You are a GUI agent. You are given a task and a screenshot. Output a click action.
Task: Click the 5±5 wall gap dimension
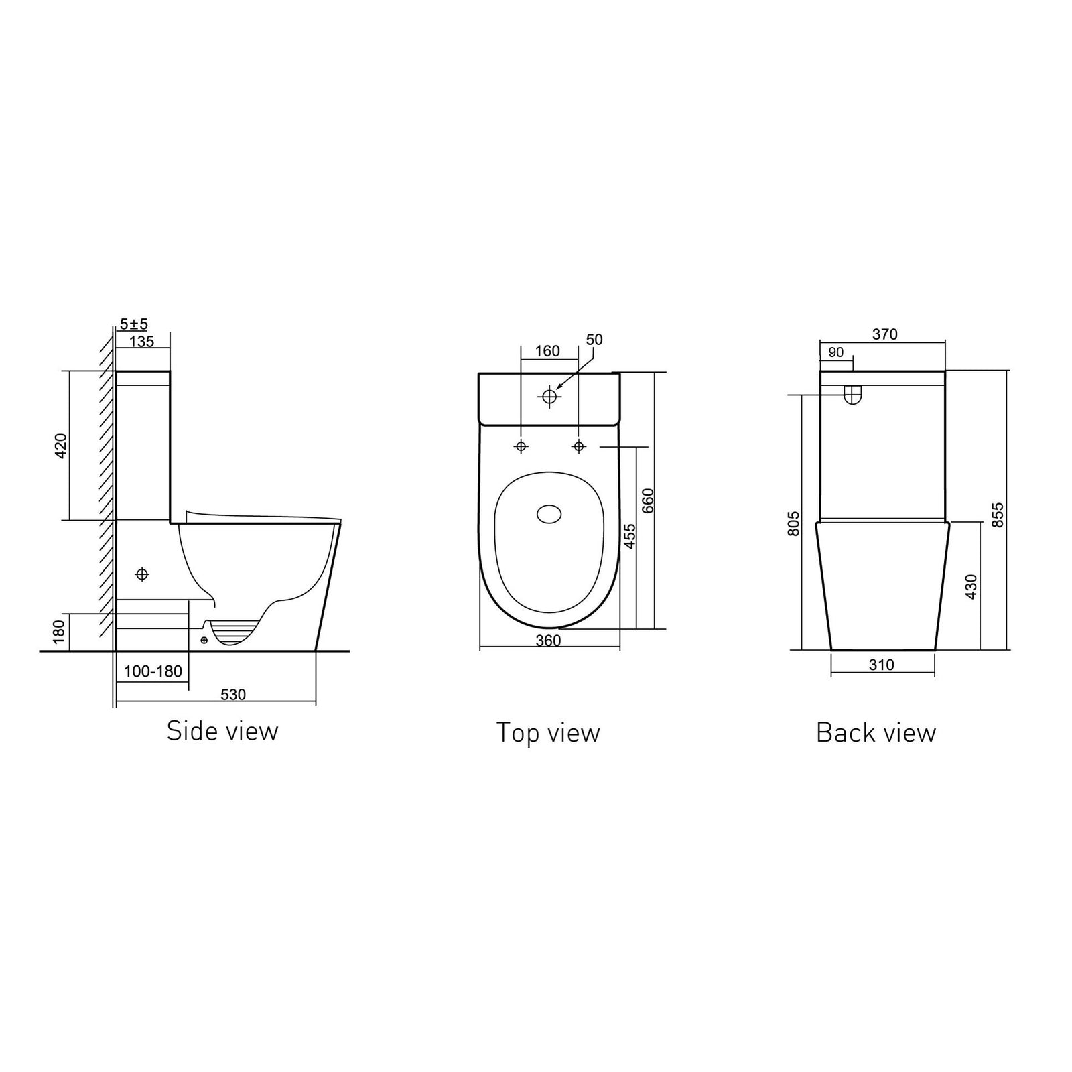133,324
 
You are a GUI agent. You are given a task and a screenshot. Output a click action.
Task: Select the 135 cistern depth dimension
141,342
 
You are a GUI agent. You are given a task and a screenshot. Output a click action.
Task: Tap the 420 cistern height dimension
61,446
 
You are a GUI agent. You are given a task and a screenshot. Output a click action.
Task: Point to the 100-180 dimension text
153,671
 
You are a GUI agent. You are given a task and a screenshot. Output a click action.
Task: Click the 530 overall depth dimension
233,695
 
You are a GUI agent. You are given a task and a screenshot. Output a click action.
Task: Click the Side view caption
222,731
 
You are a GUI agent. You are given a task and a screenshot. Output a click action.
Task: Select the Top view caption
548,732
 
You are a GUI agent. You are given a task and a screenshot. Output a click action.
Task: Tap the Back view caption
876,732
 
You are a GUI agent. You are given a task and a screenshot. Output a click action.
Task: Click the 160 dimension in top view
547,351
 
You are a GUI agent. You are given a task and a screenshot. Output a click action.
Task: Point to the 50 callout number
594,340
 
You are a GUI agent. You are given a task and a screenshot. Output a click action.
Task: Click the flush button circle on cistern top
549,397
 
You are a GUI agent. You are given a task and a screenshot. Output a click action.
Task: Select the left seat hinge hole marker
521,446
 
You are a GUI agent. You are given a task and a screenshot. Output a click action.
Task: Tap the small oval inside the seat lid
551,515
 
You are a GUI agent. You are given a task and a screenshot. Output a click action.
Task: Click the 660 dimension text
648,501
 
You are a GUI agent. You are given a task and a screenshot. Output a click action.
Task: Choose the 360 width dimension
548,641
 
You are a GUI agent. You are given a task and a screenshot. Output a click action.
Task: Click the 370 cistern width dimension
885,334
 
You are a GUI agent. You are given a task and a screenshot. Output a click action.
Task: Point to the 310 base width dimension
882,665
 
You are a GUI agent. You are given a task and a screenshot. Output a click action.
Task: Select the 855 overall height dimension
998,515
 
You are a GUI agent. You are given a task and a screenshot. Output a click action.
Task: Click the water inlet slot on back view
852,395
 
